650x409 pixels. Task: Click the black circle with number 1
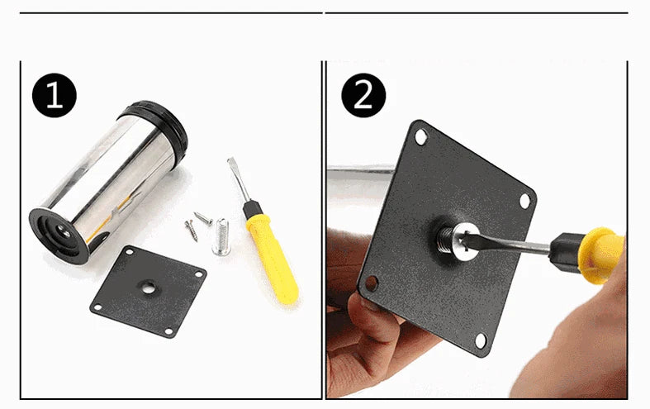pyautogui.click(x=55, y=97)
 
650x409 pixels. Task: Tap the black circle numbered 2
pyautogui.click(x=363, y=97)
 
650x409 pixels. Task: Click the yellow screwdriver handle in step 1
pyautogui.click(x=272, y=253)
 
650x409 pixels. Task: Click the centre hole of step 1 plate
pyautogui.click(x=147, y=288)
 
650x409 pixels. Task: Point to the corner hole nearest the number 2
pyautogui.click(x=421, y=138)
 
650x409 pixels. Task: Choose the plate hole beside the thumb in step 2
pyautogui.click(x=372, y=283)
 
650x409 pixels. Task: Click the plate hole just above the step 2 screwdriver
pyautogui.click(x=524, y=199)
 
